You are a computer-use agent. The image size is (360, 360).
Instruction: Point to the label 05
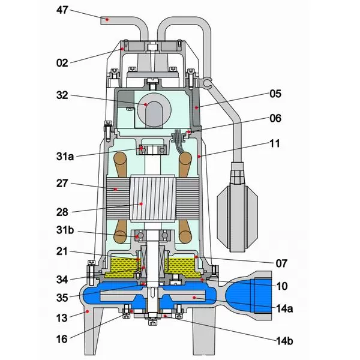(275, 94)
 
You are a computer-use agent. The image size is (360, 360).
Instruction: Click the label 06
(275, 118)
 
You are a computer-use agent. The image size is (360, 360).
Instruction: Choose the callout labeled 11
(275, 144)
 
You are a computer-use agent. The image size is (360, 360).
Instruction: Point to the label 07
(281, 263)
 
